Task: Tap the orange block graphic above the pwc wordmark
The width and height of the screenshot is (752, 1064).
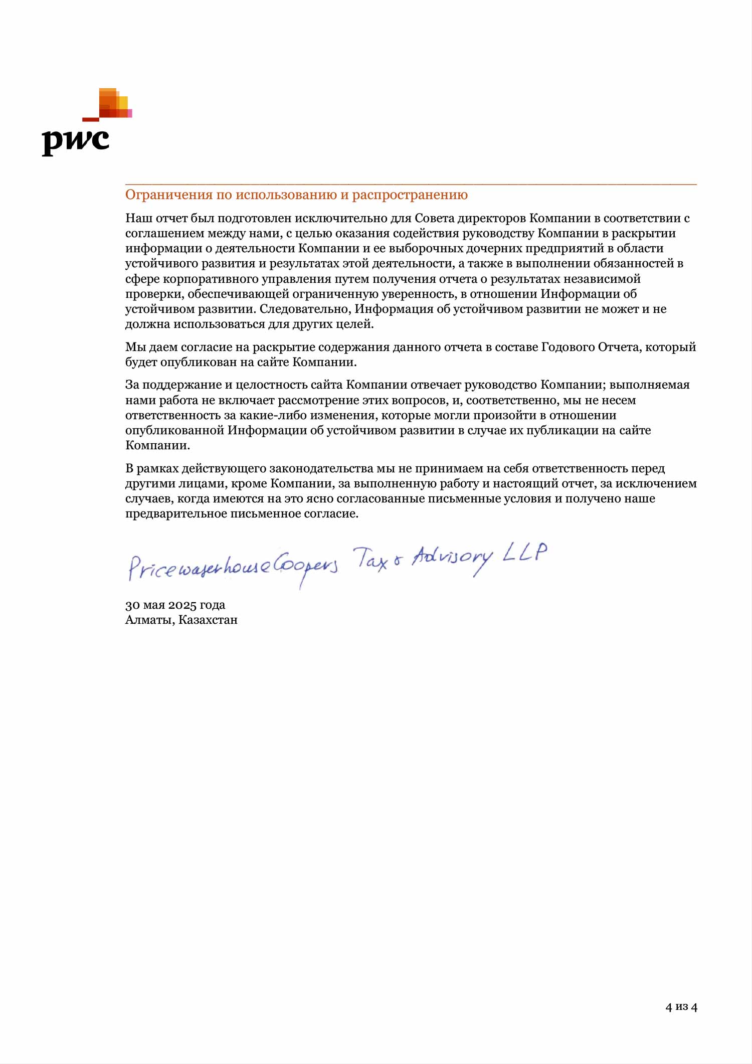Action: click(x=113, y=104)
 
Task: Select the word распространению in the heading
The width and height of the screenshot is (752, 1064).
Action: click(x=410, y=195)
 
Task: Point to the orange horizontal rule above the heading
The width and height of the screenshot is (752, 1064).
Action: click(x=411, y=185)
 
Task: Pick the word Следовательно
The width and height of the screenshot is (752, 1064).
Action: click(x=305, y=309)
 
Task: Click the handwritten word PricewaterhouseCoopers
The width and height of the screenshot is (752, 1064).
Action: click(x=233, y=567)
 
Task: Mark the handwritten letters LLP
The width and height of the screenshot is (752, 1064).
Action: click(x=525, y=552)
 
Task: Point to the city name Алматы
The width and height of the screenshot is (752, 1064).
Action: click(x=149, y=620)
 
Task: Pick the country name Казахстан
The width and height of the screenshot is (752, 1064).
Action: click(x=208, y=620)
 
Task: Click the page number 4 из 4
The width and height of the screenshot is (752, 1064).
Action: click(x=681, y=1007)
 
